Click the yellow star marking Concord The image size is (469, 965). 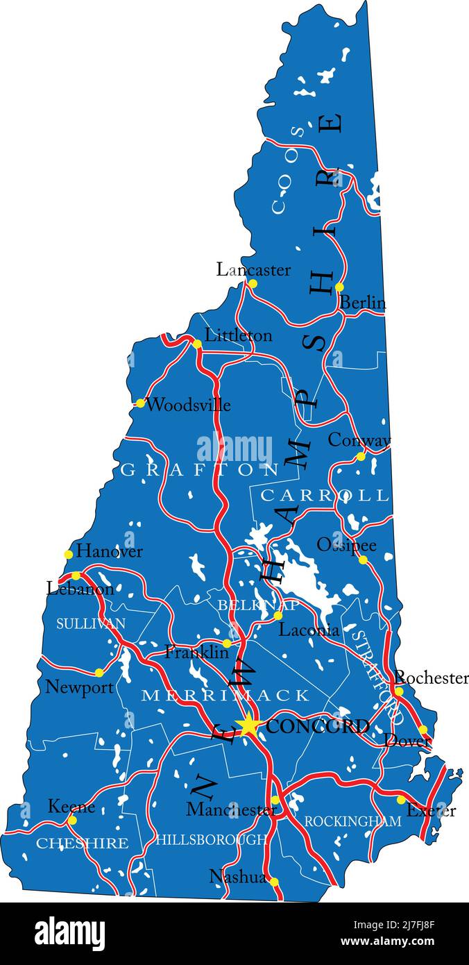pos(248,725)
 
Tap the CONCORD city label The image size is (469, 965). pos(317,727)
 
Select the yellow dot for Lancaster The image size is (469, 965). pos(253,284)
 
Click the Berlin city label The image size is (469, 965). pos(362,303)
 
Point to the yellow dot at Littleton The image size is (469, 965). pos(197,344)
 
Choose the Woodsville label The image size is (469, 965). pos(188,405)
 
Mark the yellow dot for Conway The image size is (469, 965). pos(361,456)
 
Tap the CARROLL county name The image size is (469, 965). pos(324,495)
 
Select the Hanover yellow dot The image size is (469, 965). pos(68,554)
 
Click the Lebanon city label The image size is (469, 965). pos(80,589)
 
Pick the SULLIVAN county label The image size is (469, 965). pos(91,623)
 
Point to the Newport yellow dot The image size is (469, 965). pos(99,672)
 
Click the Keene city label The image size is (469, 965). pos(71,807)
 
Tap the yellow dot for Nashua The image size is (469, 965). pos(273,882)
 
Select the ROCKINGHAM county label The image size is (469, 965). pos(352,821)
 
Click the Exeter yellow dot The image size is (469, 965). pos(401,800)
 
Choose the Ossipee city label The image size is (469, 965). pos(346,545)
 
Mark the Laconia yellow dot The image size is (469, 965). pos(278,616)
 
